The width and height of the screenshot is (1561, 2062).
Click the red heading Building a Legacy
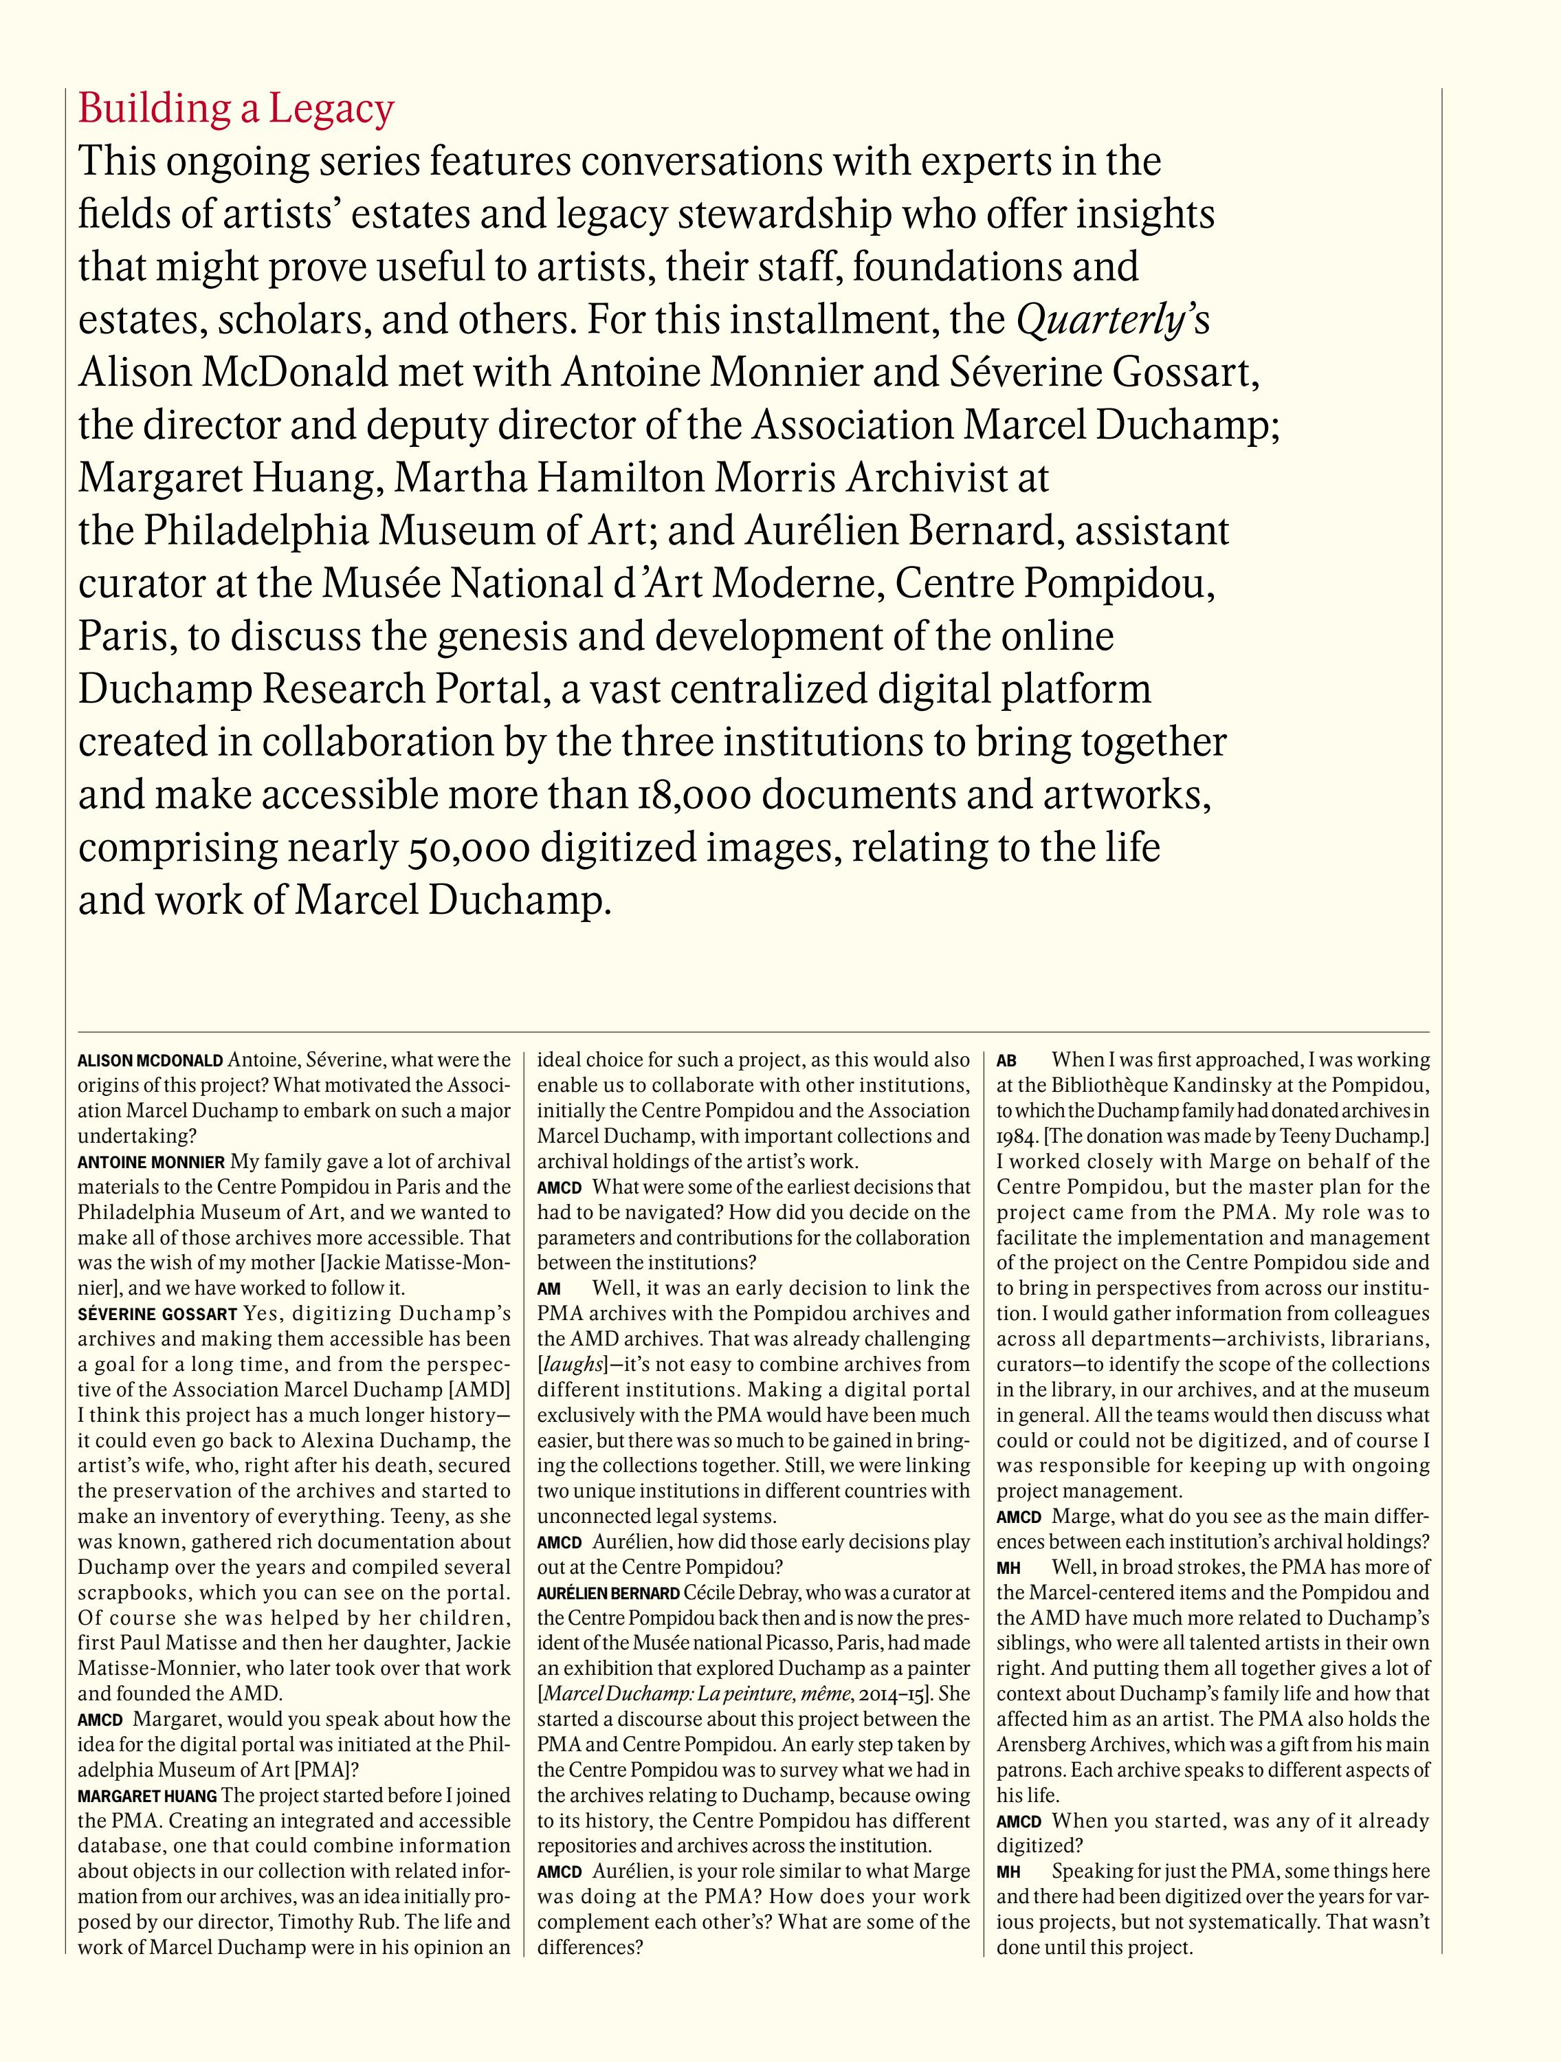point(236,110)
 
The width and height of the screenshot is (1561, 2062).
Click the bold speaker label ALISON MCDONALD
point(150,1061)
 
